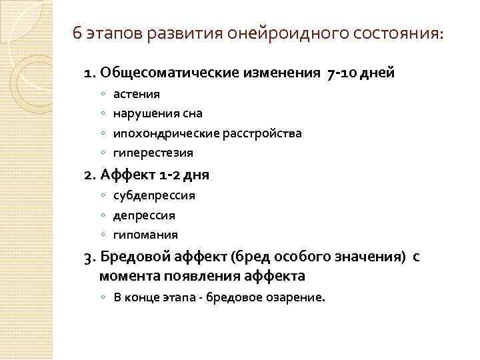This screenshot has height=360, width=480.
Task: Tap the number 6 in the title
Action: coord(77,34)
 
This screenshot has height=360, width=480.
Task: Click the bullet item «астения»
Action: coord(136,94)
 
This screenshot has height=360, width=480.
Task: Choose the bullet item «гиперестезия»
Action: coord(153,153)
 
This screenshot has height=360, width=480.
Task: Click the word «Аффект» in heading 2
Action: coord(127,175)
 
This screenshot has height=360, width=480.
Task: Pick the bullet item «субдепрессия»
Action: coord(154,196)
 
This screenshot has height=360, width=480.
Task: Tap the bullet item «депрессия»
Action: coord(144,215)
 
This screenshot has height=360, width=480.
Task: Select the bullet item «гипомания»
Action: coord(145,235)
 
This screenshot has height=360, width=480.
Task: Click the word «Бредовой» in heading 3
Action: coord(133,257)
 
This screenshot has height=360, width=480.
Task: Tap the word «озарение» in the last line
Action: coord(295,297)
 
